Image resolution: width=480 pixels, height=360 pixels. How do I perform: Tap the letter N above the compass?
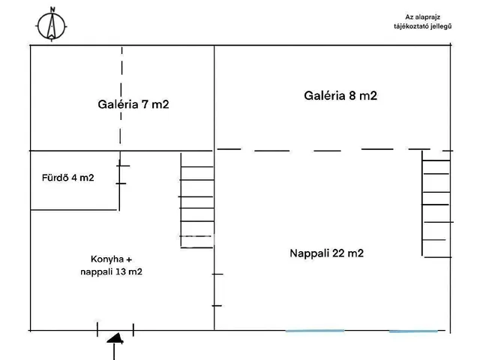pyautogui.click(x=52, y=10)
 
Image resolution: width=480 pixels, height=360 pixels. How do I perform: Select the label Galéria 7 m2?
pyautogui.click(x=133, y=104)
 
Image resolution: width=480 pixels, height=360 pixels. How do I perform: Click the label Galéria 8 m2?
pyautogui.click(x=340, y=95)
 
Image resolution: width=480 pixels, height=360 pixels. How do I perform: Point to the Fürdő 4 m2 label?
pyautogui.click(x=67, y=178)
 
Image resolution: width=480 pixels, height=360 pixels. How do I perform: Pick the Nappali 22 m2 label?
pyautogui.click(x=326, y=253)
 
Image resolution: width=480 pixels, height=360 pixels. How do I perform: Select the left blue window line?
pyautogui.click(x=315, y=330)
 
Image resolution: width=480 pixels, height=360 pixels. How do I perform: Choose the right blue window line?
pyautogui.click(x=413, y=330)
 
